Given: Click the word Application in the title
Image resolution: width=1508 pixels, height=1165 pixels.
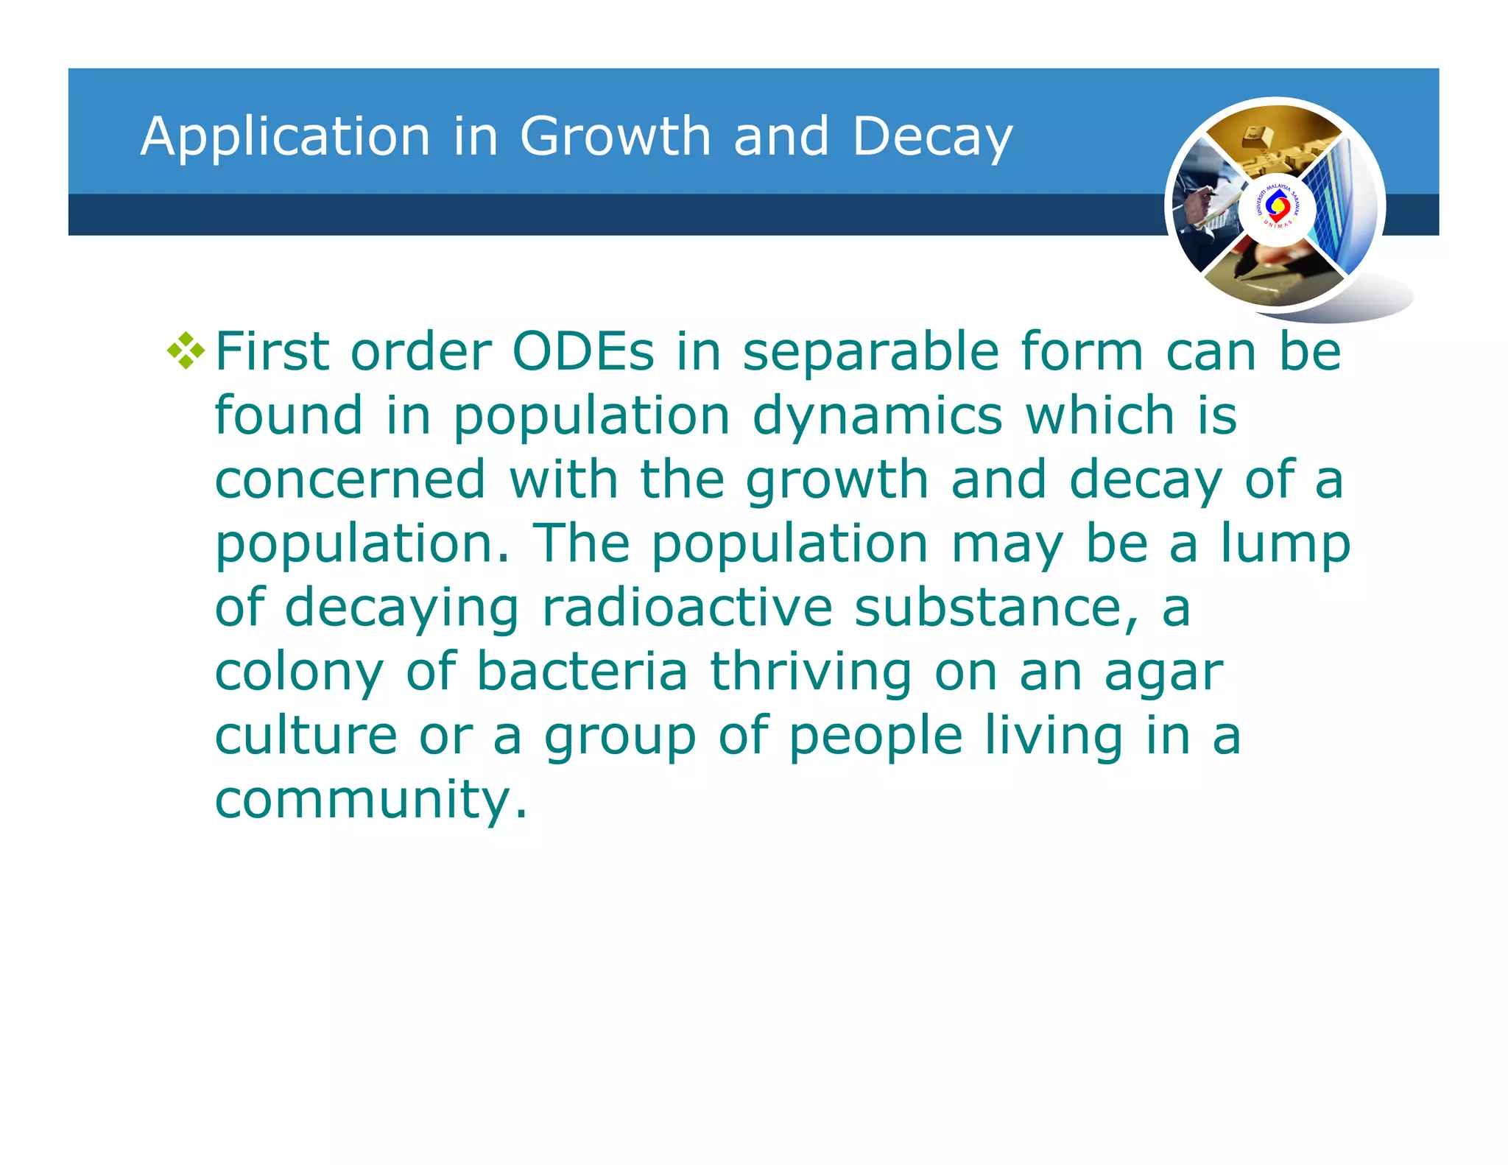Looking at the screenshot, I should [286, 137].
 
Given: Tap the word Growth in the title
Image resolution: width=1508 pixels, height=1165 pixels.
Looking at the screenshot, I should [615, 137].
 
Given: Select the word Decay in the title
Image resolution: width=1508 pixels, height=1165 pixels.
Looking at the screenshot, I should [932, 137].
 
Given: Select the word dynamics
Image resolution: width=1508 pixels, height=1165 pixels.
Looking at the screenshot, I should [877, 417].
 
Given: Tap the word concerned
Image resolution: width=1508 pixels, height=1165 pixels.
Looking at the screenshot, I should [350, 480].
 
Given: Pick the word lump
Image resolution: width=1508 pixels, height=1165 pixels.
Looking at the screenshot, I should [1285, 543].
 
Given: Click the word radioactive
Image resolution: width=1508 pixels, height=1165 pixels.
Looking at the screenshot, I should [687, 608].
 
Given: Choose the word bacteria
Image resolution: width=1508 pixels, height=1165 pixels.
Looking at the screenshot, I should [582, 672].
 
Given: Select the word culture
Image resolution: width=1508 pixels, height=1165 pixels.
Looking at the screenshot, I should [306, 736].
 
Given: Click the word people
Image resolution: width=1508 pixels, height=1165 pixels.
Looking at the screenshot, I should [875, 736].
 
